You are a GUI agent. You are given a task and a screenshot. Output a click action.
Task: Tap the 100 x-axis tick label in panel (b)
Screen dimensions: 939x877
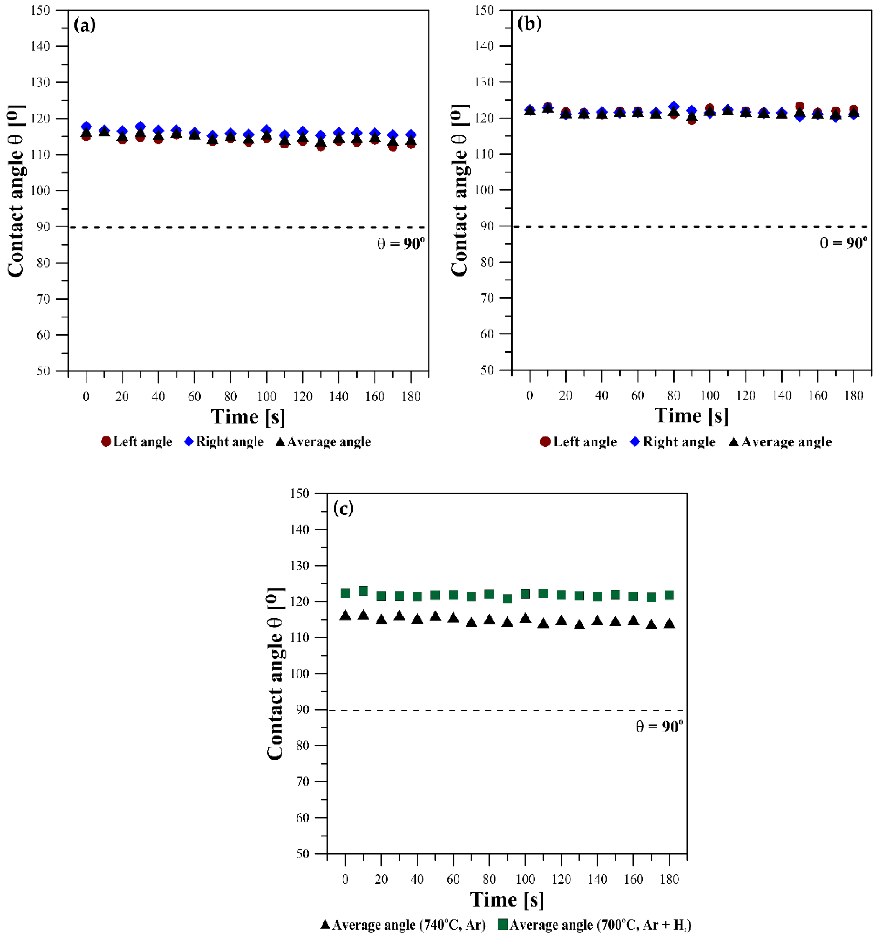click(710, 395)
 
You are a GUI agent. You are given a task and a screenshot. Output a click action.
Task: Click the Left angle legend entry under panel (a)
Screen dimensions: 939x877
click(137, 442)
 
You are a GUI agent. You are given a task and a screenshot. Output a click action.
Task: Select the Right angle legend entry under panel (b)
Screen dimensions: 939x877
click(673, 442)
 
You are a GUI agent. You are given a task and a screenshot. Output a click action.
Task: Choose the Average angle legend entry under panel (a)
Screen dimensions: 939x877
click(323, 442)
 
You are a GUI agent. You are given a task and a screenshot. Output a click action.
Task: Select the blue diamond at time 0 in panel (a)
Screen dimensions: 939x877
click(86, 127)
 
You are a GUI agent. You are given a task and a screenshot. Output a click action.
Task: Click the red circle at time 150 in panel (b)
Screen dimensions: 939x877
click(800, 106)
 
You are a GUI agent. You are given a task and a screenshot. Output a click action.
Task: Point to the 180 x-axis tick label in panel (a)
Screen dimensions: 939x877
click(411, 396)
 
